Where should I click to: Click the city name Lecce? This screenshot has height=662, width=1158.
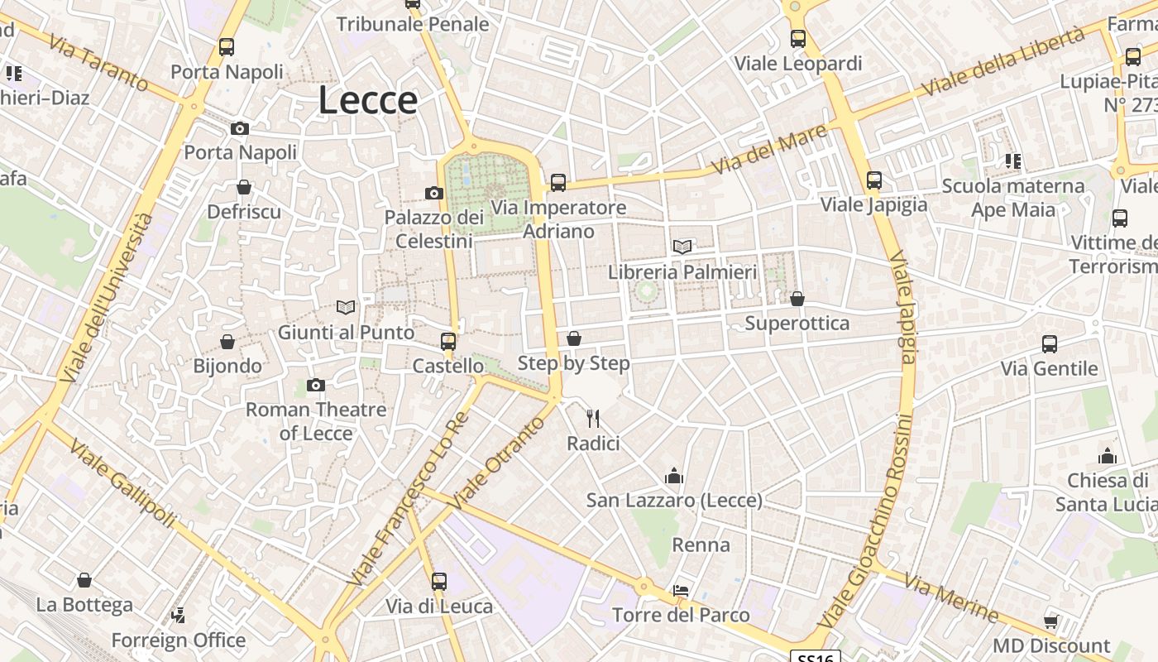coord(367,100)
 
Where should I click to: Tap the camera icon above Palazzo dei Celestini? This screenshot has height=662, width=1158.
coord(434,193)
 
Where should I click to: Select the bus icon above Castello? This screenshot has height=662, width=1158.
coord(448,341)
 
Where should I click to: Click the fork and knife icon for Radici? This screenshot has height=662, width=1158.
coord(593,419)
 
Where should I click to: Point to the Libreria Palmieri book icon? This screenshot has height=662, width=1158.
coord(682,247)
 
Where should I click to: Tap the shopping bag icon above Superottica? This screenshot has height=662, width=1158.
coord(797,298)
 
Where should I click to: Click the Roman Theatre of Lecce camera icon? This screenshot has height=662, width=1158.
coord(316,385)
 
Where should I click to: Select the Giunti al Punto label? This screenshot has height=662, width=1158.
coord(346,333)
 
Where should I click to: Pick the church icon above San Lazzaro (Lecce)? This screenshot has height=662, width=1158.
coord(674,476)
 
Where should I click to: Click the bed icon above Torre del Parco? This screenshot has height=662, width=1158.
coord(681,591)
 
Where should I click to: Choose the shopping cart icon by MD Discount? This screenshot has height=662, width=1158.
coord(1050,621)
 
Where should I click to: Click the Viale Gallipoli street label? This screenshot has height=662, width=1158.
coord(122,484)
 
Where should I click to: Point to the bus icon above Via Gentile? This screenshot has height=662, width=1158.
coord(1050,343)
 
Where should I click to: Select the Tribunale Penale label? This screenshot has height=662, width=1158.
coord(413,25)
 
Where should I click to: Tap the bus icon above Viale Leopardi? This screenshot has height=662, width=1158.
coord(798,38)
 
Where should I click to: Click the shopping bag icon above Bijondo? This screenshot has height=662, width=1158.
coord(227,341)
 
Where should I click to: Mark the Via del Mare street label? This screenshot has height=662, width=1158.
coord(768,149)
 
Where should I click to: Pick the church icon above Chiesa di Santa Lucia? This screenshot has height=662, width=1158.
coord(1108,456)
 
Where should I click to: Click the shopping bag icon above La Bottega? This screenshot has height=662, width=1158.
coord(84,580)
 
